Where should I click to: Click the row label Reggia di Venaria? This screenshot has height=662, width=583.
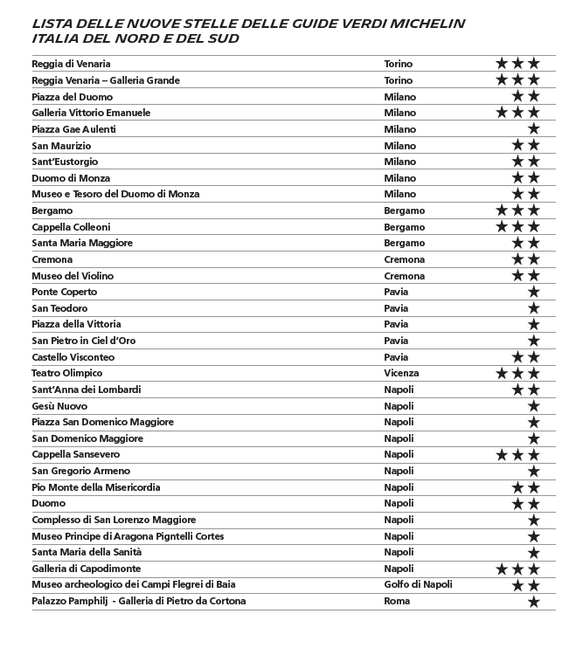click(71, 64)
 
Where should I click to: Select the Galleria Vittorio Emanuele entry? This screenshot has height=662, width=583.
click(91, 113)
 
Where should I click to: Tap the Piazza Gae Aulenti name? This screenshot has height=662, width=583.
click(73, 129)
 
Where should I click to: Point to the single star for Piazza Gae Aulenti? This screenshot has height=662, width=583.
click(533, 129)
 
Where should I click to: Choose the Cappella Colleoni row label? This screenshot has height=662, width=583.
click(71, 227)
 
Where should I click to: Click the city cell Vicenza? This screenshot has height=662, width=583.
click(401, 373)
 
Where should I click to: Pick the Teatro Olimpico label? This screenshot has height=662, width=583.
click(66, 373)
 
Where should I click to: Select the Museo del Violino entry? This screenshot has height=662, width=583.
click(73, 276)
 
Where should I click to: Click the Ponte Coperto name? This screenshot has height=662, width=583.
click(64, 292)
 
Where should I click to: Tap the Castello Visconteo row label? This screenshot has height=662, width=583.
click(73, 357)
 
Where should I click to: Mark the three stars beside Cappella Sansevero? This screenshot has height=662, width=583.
click(517, 455)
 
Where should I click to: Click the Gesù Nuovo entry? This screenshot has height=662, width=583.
click(59, 406)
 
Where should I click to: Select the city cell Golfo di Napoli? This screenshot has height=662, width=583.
click(417, 584)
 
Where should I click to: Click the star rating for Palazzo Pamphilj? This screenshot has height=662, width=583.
click(533, 601)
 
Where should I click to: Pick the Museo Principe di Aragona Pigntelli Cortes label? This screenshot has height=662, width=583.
click(128, 536)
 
